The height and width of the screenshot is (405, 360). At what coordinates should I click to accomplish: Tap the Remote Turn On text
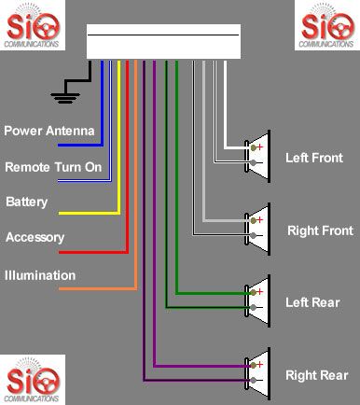[x=53, y=166]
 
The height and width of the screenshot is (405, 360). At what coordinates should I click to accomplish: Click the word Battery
[x=26, y=202]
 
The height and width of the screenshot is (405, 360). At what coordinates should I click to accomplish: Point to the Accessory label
[x=35, y=238]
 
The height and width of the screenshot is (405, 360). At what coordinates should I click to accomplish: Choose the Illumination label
[x=40, y=275]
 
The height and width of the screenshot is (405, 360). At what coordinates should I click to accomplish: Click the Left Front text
[x=313, y=158]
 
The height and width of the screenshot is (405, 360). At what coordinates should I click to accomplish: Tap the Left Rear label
[x=312, y=302]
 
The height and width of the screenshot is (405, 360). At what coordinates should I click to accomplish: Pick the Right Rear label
[x=315, y=374]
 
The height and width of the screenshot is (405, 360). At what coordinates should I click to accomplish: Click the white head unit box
[x=163, y=41]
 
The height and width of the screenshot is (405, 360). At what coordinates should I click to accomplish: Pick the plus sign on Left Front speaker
[x=260, y=147]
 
